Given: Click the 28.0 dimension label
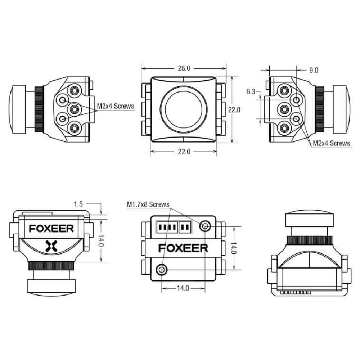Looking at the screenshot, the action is [184, 68].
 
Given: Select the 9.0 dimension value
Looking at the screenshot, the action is [314, 70].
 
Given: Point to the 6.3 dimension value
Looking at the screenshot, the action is [251, 91].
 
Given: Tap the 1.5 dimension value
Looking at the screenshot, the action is [78, 204].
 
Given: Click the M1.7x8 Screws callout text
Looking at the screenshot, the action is [148, 204].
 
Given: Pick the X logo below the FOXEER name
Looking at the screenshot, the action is [51, 246].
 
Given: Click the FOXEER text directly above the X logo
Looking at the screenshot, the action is [51, 229].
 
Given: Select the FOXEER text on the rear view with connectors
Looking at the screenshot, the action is [183, 248].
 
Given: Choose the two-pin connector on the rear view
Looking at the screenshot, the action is [185, 227].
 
